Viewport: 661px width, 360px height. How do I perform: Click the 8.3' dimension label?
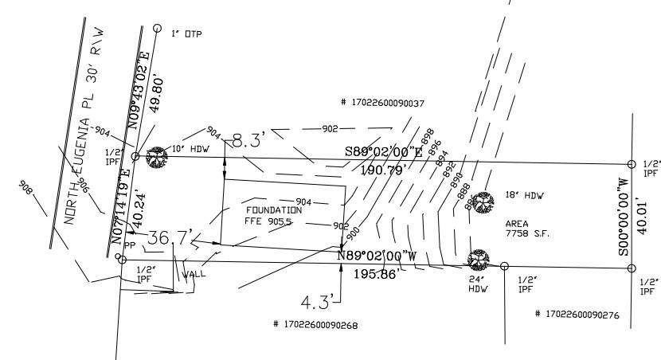(x=248, y=142)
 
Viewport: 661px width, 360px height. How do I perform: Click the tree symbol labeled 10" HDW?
(x=158, y=156)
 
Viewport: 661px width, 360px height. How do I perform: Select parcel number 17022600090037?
(x=382, y=103)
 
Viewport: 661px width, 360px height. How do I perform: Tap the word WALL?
(x=194, y=275)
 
